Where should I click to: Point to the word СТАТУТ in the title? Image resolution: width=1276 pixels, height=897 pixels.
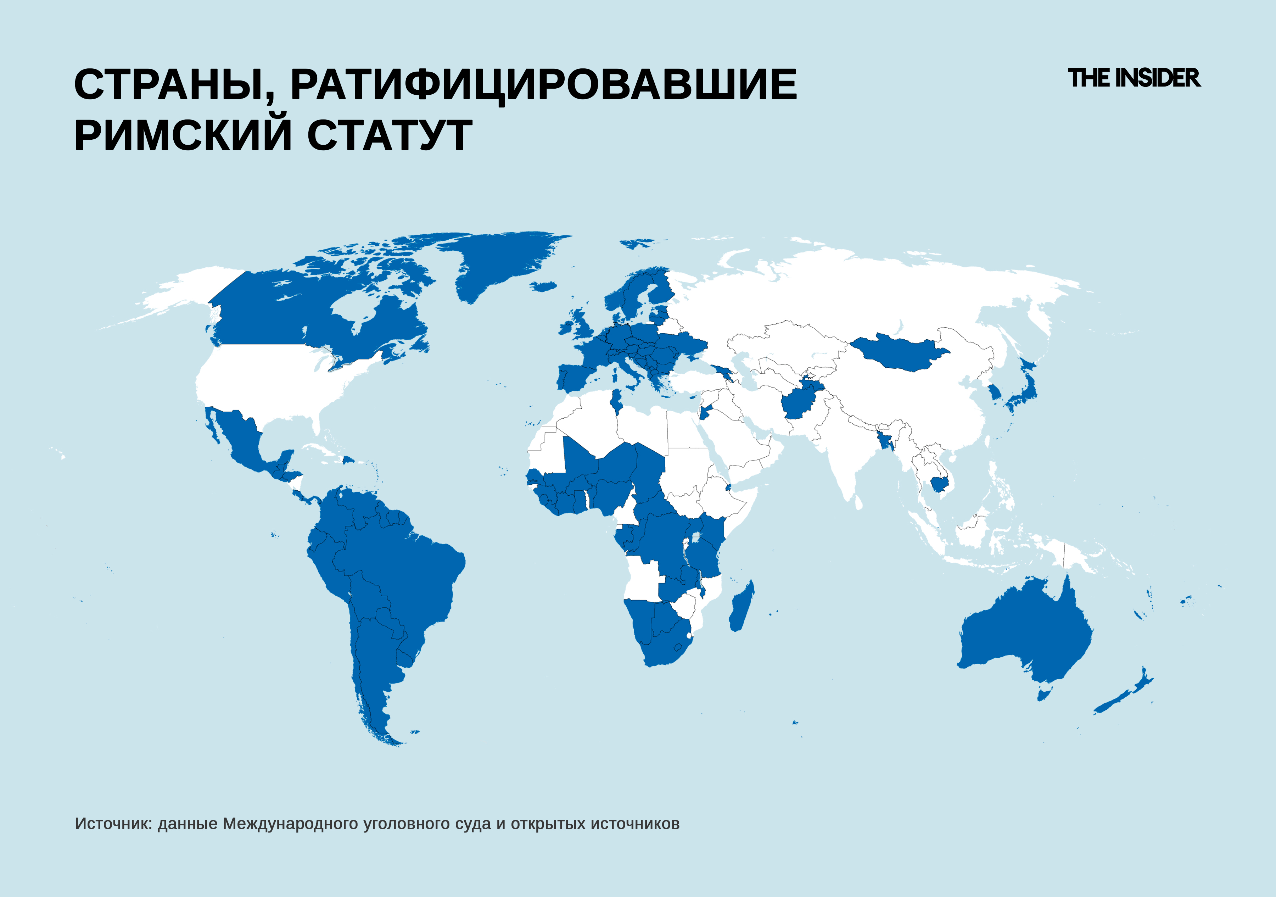[x=389, y=135]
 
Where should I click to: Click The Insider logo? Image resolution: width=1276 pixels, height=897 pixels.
[x=1134, y=78]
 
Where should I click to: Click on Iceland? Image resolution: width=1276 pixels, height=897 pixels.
[x=543, y=286]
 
